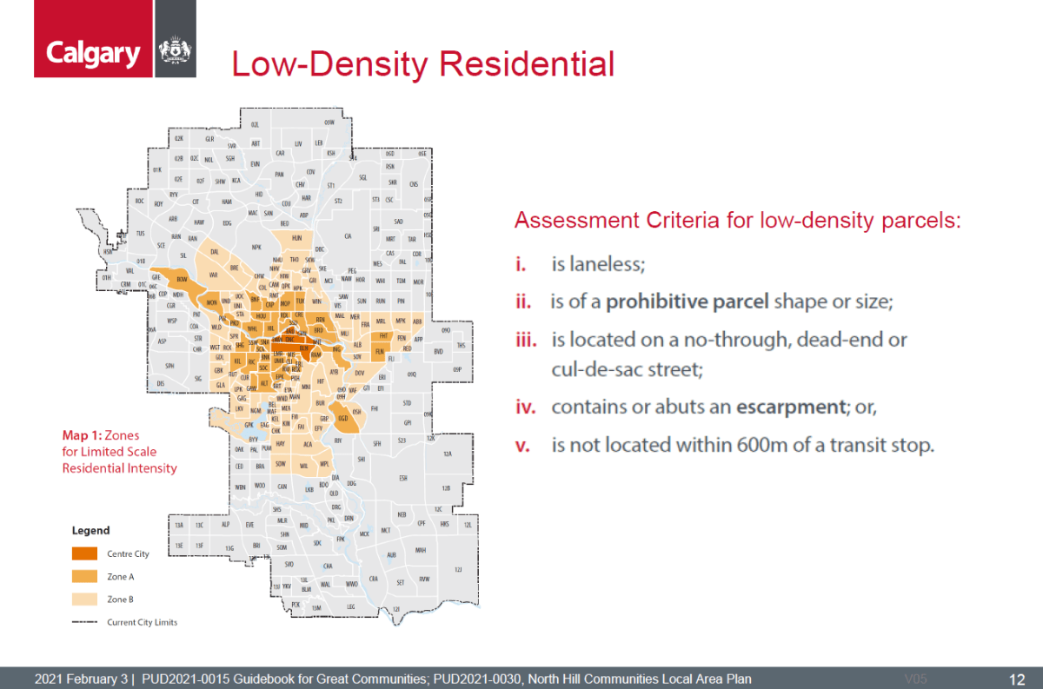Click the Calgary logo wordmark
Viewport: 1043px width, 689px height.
[x=93, y=54]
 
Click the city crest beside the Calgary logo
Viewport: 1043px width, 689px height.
[x=174, y=52]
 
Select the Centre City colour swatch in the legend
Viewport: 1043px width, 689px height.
[x=84, y=553]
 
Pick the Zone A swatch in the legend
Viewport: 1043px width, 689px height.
[x=84, y=576]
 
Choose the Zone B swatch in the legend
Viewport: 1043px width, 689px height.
[x=84, y=599]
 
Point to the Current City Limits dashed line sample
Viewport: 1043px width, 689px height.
[x=84, y=622]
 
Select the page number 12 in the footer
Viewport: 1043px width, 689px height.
[x=1016, y=679]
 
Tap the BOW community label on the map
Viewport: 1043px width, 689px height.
[x=183, y=280]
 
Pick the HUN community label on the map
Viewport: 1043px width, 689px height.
[x=297, y=237]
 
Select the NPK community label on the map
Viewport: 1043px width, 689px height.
[x=256, y=248]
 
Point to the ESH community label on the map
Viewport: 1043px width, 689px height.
[x=403, y=478]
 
